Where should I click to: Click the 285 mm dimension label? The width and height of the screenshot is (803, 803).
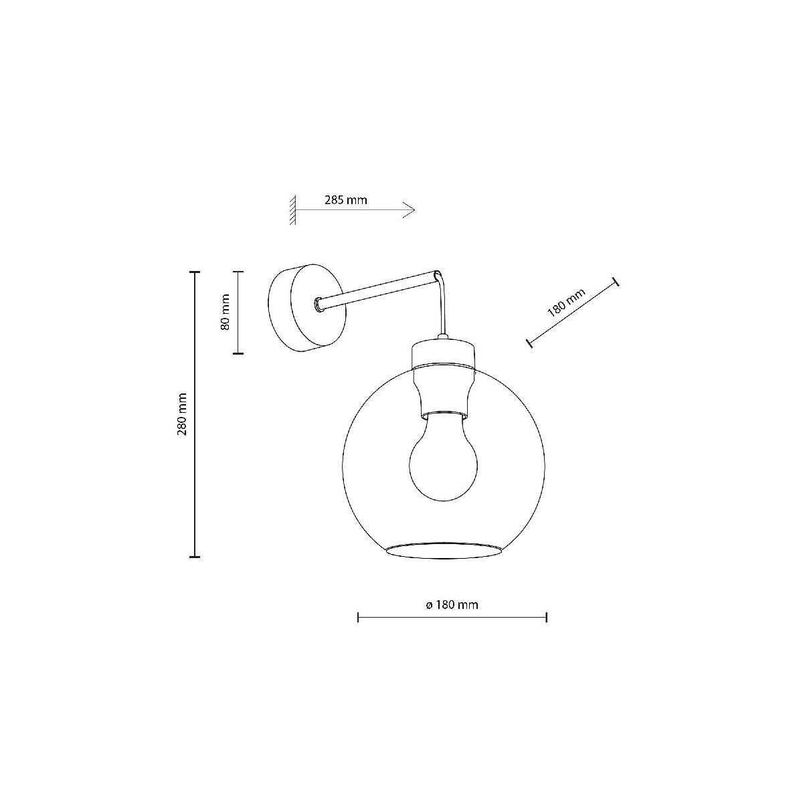[346, 200]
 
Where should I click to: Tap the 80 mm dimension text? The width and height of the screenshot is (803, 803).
[225, 312]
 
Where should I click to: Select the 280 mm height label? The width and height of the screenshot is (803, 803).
[182, 414]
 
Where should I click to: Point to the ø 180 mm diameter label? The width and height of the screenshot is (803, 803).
[452, 605]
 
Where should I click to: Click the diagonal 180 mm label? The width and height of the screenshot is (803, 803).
[567, 302]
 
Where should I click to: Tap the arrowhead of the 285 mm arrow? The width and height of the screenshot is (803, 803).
[409, 210]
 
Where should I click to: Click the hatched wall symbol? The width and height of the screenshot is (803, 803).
[293, 209]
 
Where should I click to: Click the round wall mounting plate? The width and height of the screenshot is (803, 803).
[306, 308]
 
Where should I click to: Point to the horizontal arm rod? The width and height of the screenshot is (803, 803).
[377, 290]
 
